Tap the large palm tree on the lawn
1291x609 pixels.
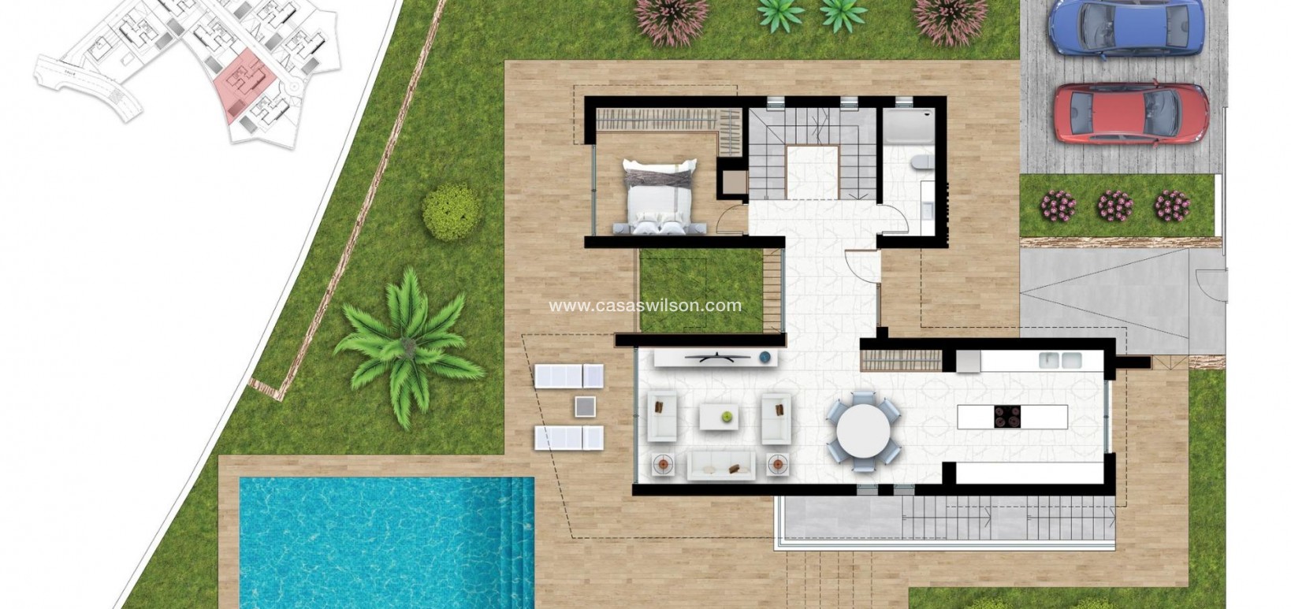pyautogui.click(x=407, y=347)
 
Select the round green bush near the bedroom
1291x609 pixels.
pyautogui.click(x=451, y=211)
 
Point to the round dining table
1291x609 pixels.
pyautogui.click(x=863, y=431)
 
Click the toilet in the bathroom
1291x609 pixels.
pyautogui.click(x=921, y=163)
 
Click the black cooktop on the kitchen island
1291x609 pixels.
pyautogui.click(x=1007, y=415)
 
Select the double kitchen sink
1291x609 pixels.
pyautogui.click(x=1060, y=361)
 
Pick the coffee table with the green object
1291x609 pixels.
pyautogui.click(x=719, y=417)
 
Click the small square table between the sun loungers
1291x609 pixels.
pyautogui.click(x=585, y=407)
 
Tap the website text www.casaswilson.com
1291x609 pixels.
pyautogui.click(x=645, y=306)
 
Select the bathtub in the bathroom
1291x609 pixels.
pyautogui.click(x=908, y=126)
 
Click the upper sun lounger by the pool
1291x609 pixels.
pyautogui.click(x=568, y=376)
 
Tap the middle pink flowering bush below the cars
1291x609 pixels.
pyautogui.click(x=1114, y=206)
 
